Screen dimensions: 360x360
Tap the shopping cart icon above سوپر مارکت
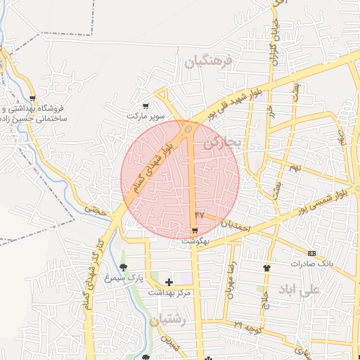coord(146,106)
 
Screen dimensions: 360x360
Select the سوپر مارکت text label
coord(146,115)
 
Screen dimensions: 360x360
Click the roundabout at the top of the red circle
coord(188,129)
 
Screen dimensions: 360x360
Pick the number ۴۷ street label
coord(199,213)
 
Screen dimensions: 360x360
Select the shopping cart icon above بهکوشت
coord(194,231)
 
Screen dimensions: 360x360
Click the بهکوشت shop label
coord(195,240)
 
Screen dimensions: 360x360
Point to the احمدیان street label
coord(235,226)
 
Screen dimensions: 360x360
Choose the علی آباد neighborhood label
coord(299,289)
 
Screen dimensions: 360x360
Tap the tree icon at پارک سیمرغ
coord(123,267)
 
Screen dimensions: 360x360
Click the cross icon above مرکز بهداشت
coord(169,282)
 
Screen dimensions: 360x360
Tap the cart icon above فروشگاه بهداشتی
coord(33,98)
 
